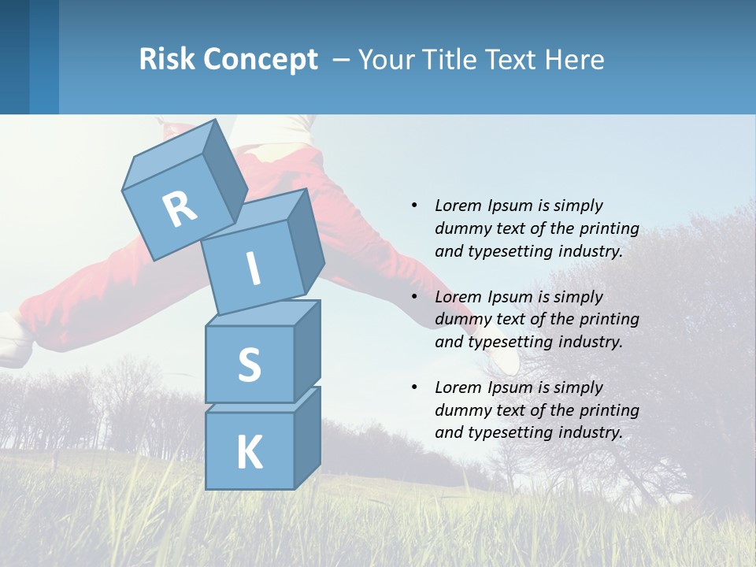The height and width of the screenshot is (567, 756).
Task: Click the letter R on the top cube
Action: tap(180, 209)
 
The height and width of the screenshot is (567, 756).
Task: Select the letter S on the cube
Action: tap(249, 365)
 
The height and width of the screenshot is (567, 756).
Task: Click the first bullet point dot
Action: tap(414, 206)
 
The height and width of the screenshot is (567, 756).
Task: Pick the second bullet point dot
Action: tap(414, 297)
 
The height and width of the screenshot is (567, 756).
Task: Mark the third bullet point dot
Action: tap(414, 387)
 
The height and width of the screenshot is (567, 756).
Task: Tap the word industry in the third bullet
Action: tap(590, 432)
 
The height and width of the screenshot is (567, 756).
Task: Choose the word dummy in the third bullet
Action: tap(460, 409)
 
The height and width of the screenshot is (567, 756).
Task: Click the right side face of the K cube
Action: tap(307, 437)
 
